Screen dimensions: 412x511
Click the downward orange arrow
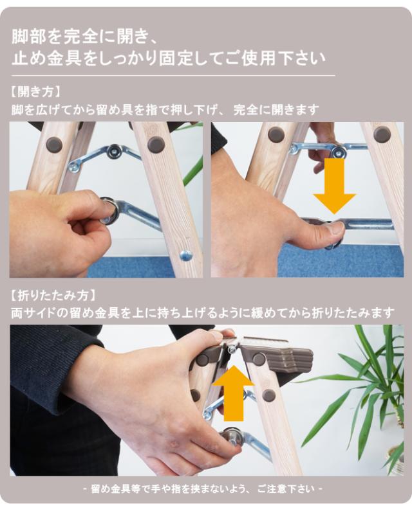tap(334, 186)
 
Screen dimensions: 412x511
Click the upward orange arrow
tap(234, 393)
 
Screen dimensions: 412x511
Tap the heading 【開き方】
tap(35, 91)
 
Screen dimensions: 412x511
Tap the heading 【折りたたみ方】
tap(53, 296)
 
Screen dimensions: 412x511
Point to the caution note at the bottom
tap(203, 489)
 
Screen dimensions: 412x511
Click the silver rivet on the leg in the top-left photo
tap(186, 255)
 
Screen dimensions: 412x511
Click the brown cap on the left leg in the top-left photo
tap(54, 144)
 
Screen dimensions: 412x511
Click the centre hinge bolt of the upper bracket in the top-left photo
tap(114, 150)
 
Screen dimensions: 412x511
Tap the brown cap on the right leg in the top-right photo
tap(382, 134)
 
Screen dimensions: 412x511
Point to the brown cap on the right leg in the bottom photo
tap(268, 395)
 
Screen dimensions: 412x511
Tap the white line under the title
tap(173, 75)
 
